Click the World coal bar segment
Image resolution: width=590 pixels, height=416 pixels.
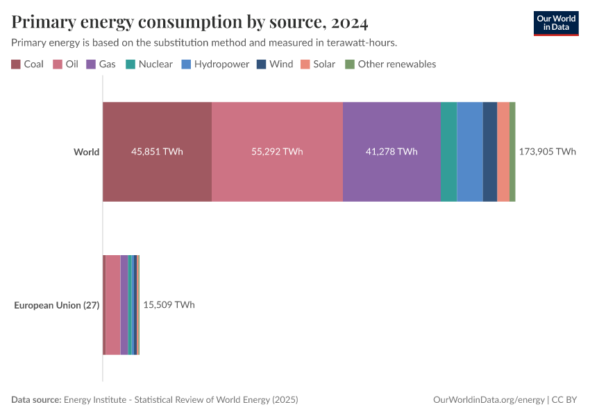click(x=157, y=152)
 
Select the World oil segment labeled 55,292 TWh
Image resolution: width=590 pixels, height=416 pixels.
click(x=277, y=152)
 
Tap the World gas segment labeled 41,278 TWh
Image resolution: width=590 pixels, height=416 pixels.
click(x=391, y=152)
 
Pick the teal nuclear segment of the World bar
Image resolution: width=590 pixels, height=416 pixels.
click(x=448, y=152)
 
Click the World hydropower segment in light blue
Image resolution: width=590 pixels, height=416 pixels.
click(x=469, y=152)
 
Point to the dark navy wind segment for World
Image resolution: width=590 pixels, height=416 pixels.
click(x=489, y=152)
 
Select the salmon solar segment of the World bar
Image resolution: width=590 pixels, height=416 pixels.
click(x=503, y=152)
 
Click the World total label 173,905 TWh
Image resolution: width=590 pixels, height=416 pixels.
click(x=547, y=152)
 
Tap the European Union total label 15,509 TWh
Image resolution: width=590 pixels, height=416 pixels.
click(x=169, y=305)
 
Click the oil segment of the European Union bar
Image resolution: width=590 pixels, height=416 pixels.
click(x=112, y=305)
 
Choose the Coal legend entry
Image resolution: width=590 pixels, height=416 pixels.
click(x=28, y=64)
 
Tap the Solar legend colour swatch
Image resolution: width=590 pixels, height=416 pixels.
click(x=305, y=64)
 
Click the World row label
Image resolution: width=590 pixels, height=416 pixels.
click(x=86, y=152)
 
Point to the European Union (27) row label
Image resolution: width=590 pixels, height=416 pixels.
click(x=57, y=305)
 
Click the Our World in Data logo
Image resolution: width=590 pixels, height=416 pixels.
click(x=555, y=23)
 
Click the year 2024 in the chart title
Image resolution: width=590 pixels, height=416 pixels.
click(x=350, y=22)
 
